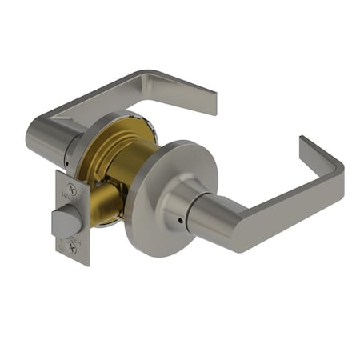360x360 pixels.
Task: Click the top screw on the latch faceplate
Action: pos(73,191)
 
